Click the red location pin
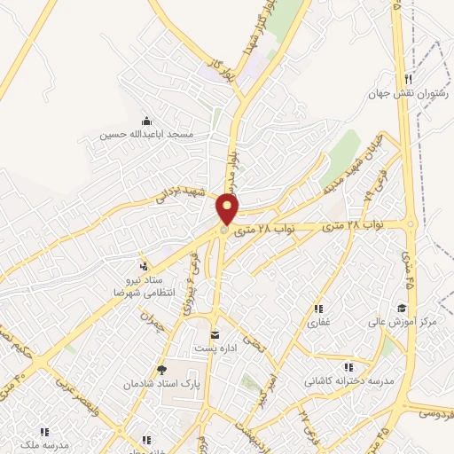tap(229, 210)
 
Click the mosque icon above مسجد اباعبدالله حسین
tap(146, 121)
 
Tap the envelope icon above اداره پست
tap(215, 334)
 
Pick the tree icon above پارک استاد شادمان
tap(160, 370)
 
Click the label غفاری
tap(317, 323)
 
